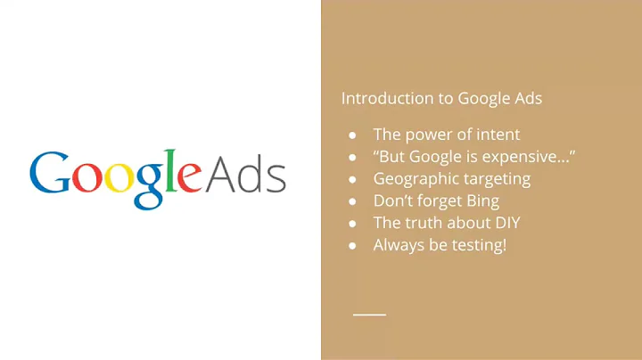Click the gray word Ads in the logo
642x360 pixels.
[x=245, y=175]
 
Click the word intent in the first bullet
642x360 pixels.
[x=496, y=135]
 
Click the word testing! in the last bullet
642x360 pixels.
[x=477, y=244]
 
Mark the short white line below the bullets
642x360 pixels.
[x=369, y=315]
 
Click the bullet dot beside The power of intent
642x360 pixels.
[x=352, y=135]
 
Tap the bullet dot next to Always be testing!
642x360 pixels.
[x=352, y=244]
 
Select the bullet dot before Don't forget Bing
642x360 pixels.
[x=352, y=200]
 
